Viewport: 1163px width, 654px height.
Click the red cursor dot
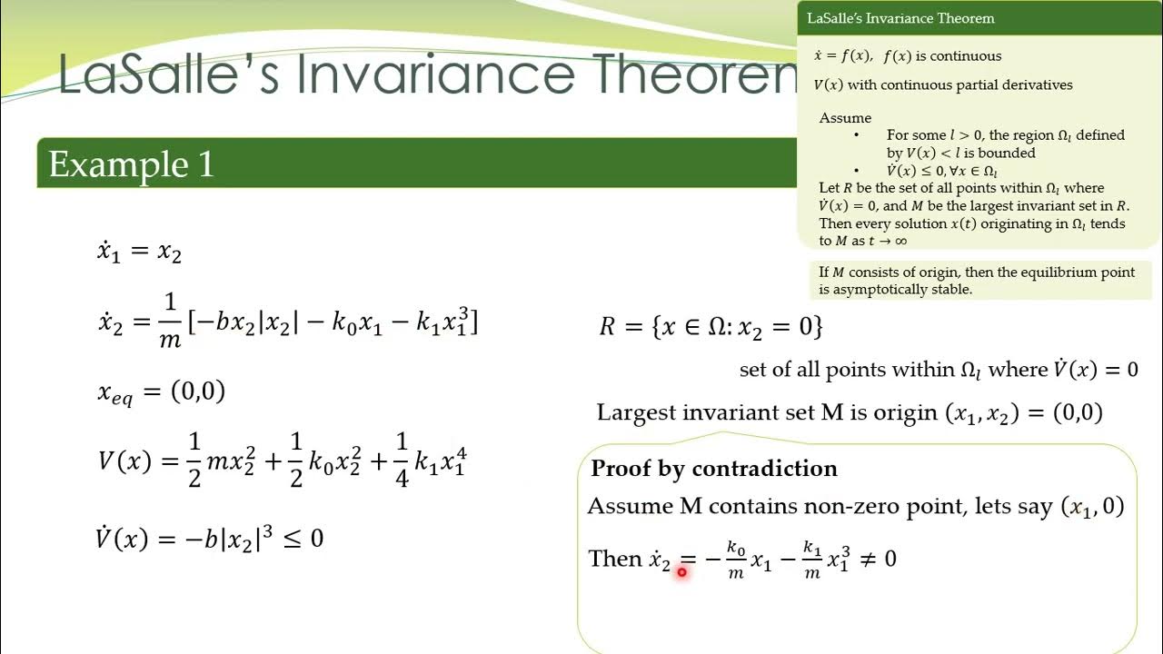[681, 572]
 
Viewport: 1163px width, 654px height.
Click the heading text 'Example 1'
[131, 164]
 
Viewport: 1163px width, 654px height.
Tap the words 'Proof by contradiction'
[714, 469]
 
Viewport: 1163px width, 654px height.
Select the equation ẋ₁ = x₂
[139, 252]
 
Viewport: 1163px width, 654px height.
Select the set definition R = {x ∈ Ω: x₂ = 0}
[711, 326]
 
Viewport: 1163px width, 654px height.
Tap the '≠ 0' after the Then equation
[878, 559]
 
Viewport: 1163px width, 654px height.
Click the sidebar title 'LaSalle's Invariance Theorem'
[900, 18]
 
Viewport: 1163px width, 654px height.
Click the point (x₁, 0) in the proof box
[1093, 507]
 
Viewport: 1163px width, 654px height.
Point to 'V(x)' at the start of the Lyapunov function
[124, 461]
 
